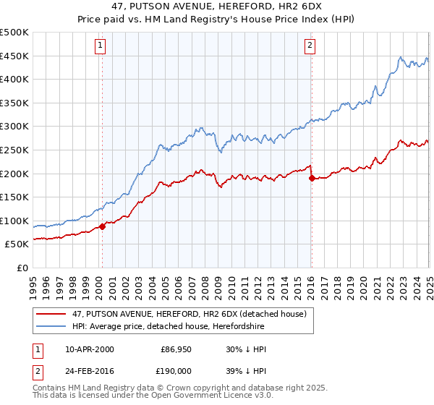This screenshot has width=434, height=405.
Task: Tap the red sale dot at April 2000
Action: coord(102,226)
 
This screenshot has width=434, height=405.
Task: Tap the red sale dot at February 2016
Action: coord(312,177)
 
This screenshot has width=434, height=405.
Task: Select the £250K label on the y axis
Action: coord(14,150)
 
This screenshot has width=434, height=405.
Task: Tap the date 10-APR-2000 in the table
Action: coord(89,349)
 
